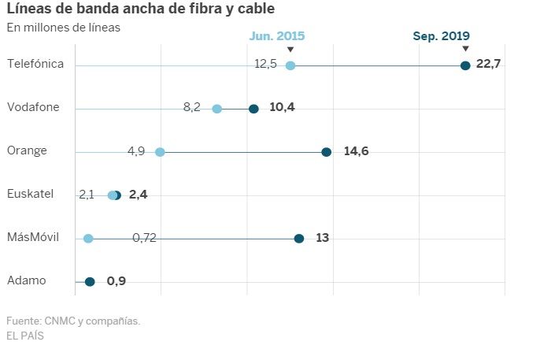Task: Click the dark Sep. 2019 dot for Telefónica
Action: (x=465, y=65)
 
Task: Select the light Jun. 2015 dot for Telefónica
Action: (x=290, y=65)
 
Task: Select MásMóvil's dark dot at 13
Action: (x=299, y=239)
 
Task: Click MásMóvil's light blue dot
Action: (x=88, y=239)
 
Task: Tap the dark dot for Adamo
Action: (x=90, y=281)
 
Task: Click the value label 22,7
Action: (x=489, y=64)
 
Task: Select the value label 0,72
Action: (x=144, y=237)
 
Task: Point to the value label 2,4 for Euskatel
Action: (x=138, y=194)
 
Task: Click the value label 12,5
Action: (x=265, y=64)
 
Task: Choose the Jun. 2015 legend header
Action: (x=277, y=36)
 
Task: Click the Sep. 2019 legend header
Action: (x=441, y=36)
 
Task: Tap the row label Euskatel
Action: (x=30, y=194)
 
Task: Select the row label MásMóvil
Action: (x=33, y=237)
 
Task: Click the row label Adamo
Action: (x=26, y=280)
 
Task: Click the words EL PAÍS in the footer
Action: (x=25, y=336)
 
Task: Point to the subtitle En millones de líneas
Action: (x=64, y=28)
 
